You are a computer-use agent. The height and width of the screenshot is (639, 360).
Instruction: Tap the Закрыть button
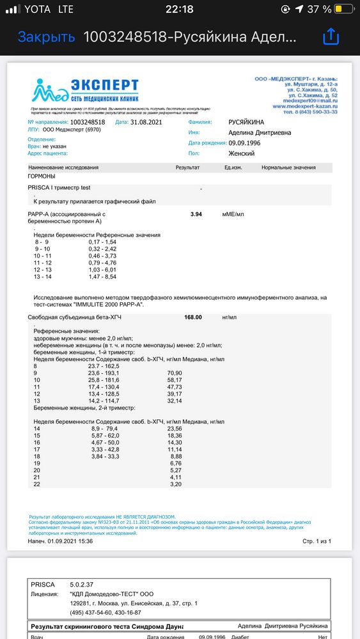click(x=46, y=37)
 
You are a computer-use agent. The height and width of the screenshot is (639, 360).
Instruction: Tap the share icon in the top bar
click(x=331, y=37)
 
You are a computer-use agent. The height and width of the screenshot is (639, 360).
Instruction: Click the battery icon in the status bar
click(x=345, y=10)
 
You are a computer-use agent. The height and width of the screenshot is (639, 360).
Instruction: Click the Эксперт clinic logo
click(x=86, y=93)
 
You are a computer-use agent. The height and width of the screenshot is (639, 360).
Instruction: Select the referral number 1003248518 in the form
click(x=90, y=121)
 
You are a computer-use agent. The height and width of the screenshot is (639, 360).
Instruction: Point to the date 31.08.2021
click(x=148, y=121)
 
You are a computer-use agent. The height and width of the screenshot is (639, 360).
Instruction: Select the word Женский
click(x=242, y=153)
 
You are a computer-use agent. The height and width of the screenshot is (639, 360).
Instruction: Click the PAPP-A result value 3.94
click(x=196, y=214)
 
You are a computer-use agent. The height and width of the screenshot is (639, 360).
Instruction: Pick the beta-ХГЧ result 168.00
click(x=193, y=317)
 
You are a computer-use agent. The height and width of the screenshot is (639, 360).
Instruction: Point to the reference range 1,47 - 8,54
click(x=102, y=277)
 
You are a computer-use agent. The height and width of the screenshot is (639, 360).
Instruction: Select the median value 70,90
click(x=175, y=373)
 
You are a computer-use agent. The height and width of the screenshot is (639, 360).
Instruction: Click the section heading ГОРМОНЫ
click(x=42, y=176)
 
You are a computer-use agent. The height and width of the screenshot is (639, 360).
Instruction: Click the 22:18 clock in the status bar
click(x=179, y=10)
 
